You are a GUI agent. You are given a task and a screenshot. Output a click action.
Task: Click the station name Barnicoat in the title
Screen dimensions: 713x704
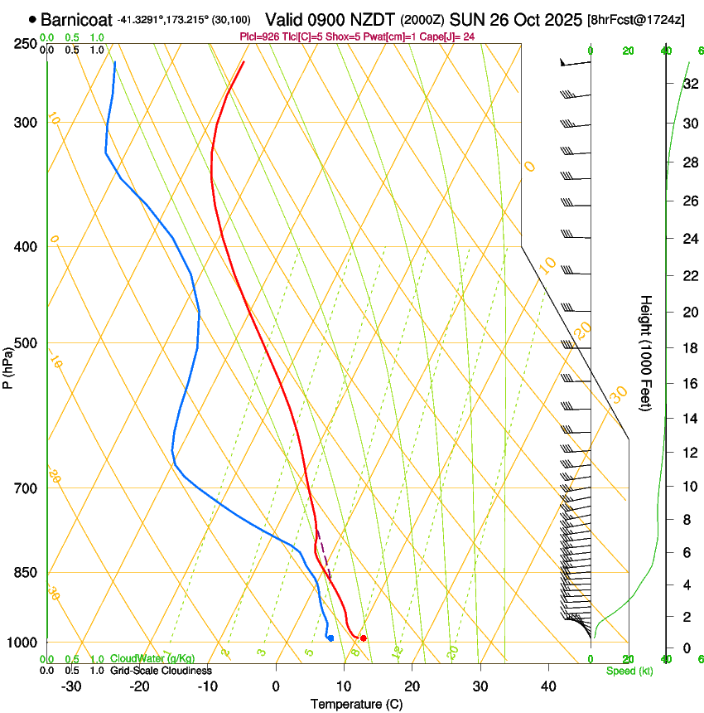(x=76, y=18)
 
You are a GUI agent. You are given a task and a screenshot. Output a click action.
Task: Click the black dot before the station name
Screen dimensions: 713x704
(x=32, y=18)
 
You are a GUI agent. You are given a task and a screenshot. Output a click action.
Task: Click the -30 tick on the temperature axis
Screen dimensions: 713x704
(x=71, y=686)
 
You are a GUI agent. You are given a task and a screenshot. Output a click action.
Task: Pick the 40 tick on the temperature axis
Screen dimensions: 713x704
(x=547, y=686)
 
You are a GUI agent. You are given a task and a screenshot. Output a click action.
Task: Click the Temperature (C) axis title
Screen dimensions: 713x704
(x=356, y=704)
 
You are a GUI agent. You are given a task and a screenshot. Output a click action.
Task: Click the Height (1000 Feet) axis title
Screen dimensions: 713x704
(x=646, y=352)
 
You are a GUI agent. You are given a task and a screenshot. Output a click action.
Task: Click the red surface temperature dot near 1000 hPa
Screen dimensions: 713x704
(x=364, y=638)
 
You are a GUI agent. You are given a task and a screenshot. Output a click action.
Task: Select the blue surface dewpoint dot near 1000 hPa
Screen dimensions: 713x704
(x=330, y=638)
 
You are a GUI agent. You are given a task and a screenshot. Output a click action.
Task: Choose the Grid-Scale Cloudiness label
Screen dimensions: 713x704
(x=161, y=670)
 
